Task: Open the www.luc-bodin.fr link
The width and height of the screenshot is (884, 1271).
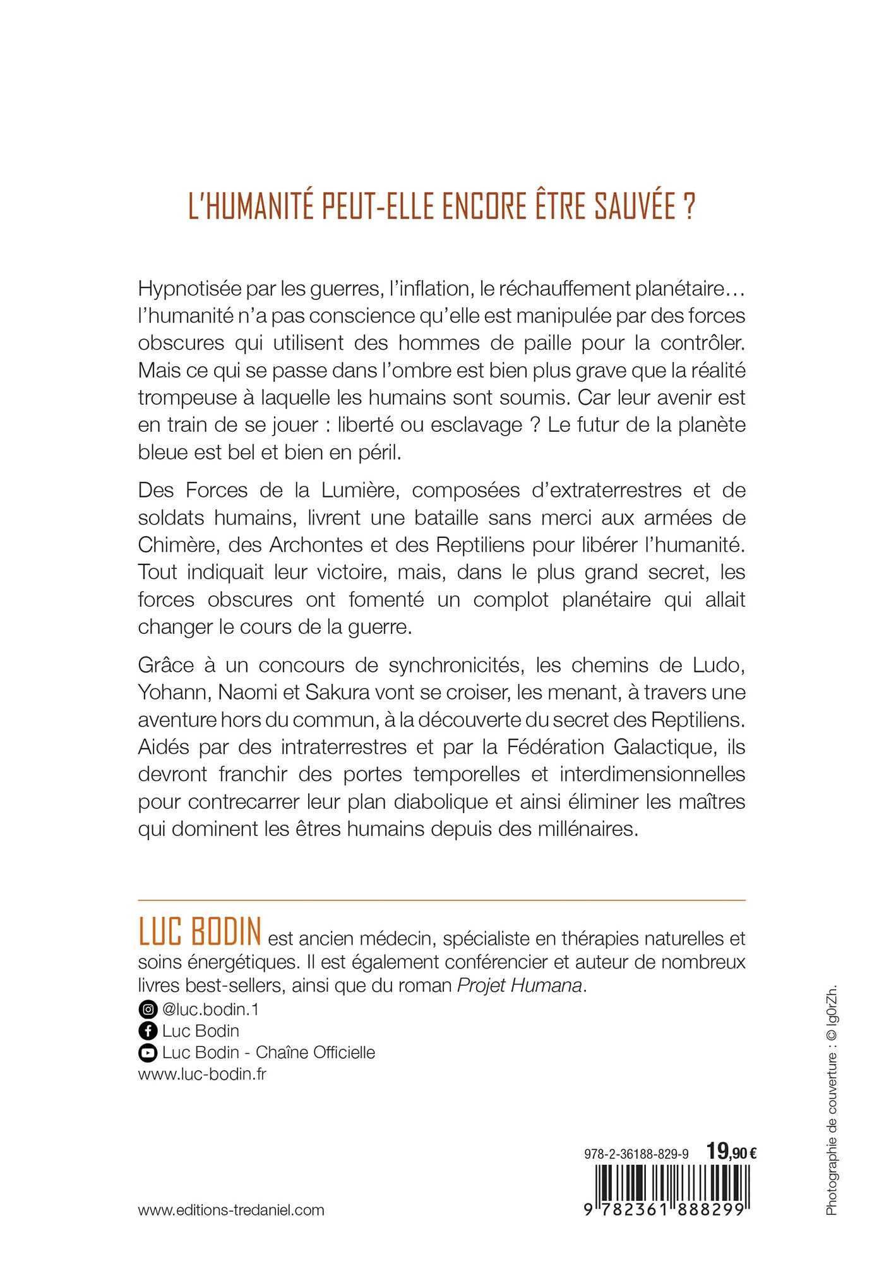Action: click(x=201, y=1074)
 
